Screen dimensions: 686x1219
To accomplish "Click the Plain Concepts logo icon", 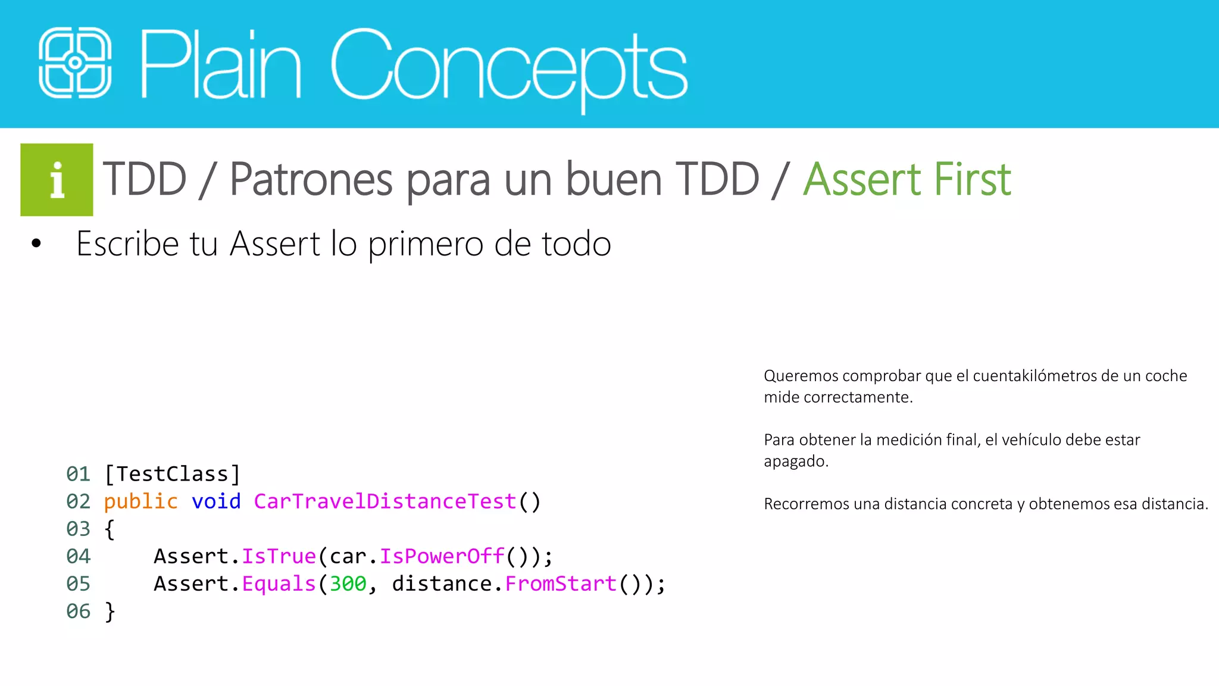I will pos(75,63).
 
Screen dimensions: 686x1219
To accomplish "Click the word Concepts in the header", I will pos(509,66).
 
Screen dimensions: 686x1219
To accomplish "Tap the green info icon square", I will pos(57,180).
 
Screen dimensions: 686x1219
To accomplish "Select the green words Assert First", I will pos(907,179).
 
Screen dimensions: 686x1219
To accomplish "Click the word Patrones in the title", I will pos(311,179).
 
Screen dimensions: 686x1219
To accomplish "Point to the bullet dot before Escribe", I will pos(36,244).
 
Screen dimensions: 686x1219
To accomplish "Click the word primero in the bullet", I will pos(425,244).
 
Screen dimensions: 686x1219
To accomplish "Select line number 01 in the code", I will pos(78,474).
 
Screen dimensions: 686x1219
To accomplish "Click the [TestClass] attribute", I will pos(172,474).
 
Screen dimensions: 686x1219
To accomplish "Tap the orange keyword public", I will pos(140,501).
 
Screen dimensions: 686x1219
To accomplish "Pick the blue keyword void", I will pos(216,501).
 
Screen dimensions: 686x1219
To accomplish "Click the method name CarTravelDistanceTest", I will pos(385,501).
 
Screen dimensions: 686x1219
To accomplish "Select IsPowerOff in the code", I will pos(442,556).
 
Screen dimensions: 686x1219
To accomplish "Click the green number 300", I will pos(348,584).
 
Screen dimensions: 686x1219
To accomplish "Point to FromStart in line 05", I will pos(561,584).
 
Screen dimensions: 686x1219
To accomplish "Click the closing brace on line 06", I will pos(110,611).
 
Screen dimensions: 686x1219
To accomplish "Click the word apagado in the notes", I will pos(795,461).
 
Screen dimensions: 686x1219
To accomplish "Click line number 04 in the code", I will pos(78,556).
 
